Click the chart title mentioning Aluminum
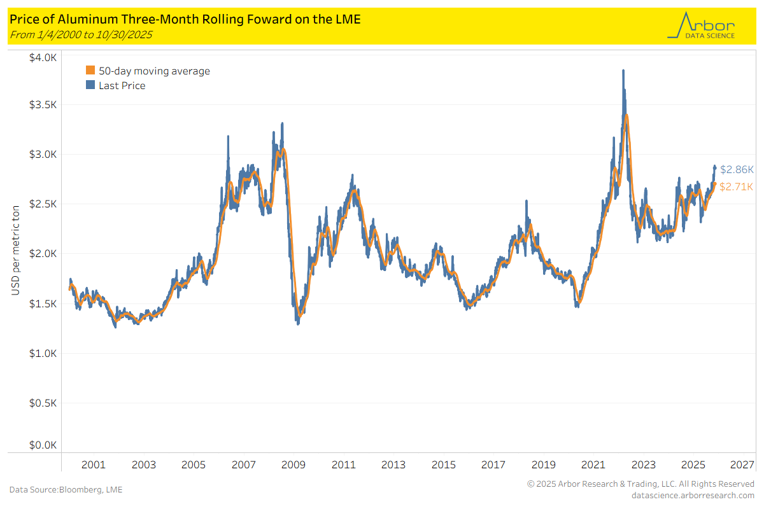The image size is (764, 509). tap(185, 19)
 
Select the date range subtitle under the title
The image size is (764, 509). tap(81, 34)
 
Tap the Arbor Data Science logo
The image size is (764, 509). tap(700, 26)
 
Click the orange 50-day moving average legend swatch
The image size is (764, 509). tap(90, 71)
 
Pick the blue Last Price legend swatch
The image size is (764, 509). tap(90, 86)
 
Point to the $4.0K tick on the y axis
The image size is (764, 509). tap(43, 58)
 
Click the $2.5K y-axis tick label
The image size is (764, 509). tap(43, 204)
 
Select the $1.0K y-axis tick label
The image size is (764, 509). tap(43, 354)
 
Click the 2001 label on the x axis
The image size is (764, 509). tap(94, 465)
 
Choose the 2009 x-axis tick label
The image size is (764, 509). tap(294, 465)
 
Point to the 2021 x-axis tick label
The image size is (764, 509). tap(593, 465)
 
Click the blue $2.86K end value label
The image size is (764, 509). tap(737, 170)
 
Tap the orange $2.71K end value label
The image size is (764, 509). tap(737, 186)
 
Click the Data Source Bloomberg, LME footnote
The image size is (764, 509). tap(66, 489)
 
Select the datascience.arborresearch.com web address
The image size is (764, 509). tap(693, 495)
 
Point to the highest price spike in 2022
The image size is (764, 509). tap(623, 71)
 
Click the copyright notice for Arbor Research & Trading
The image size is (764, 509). tap(640, 484)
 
